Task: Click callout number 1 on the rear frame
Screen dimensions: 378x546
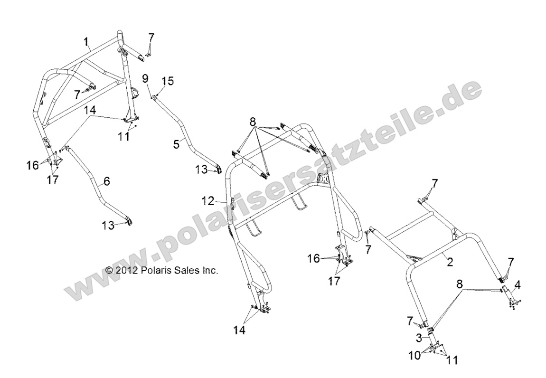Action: pyautogui.click(x=86, y=43)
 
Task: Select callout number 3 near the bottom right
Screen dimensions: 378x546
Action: pyautogui.click(x=419, y=338)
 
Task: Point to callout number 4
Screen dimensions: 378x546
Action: pyautogui.click(x=518, y=285)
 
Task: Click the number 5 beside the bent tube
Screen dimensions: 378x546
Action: pyautogui.click(x=176, y=143)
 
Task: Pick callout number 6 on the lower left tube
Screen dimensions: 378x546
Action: pyautogui.click(x=106, y=180)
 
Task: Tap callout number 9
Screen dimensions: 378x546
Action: pyautogui.click(x=145, y=78)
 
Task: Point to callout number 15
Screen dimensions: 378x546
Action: pyautogui.click(x=165, y=81)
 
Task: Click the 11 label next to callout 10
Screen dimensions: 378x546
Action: pyautogui.click(x=452, y=360)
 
